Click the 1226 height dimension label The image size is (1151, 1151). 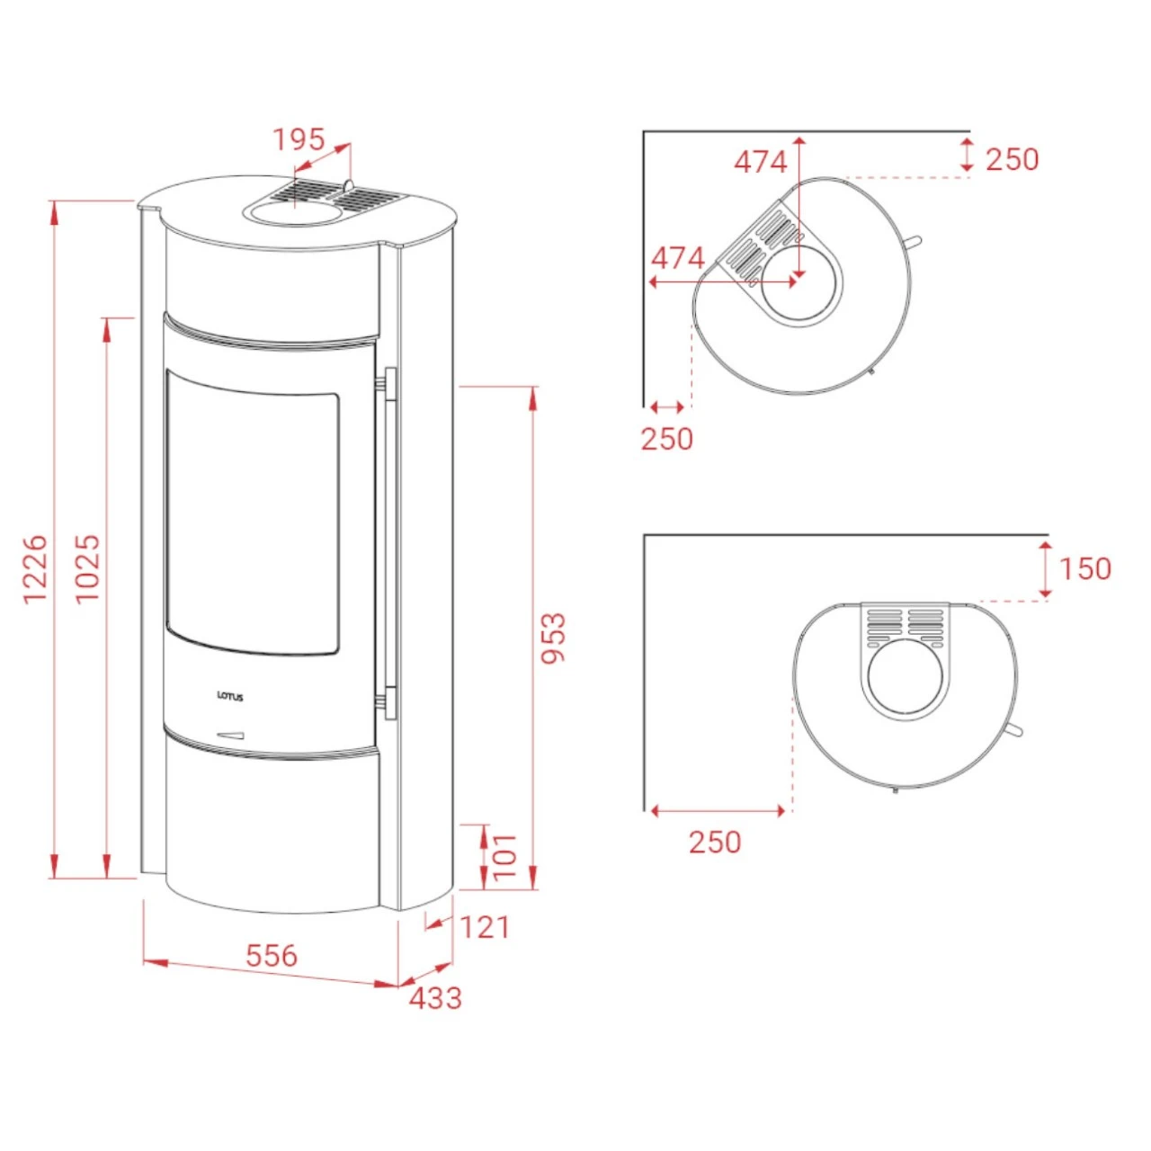tap(34, 568)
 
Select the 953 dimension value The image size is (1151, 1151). tap(552, 638)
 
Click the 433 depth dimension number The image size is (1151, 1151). tap(435, 998)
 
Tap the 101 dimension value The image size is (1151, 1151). tap(505, 856)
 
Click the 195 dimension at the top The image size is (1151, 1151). tap(299, 139)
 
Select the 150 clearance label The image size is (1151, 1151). tap(1084, 568)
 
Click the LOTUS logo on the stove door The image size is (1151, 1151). tap(229, 697)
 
